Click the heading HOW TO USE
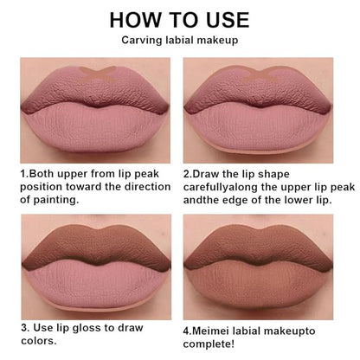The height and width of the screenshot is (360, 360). (x=179, y=20)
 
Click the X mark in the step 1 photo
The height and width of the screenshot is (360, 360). (x=98, y=74)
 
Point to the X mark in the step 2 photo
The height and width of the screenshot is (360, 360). (x=261, y=74)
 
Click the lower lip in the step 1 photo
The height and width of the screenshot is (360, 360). (x=96, y=128)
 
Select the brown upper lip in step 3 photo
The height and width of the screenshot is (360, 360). (x=97, y=245)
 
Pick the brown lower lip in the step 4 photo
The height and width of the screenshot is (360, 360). (x=258, y=283)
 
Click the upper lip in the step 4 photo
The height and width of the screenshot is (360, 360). (x=258, y=246)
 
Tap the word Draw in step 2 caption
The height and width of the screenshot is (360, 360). (x=206, y=174)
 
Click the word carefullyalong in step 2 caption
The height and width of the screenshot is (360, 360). (x=221, y=187)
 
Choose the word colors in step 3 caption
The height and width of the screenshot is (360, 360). (x=39, y=341)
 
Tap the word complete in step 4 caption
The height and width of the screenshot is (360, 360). (x=209, y=344)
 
